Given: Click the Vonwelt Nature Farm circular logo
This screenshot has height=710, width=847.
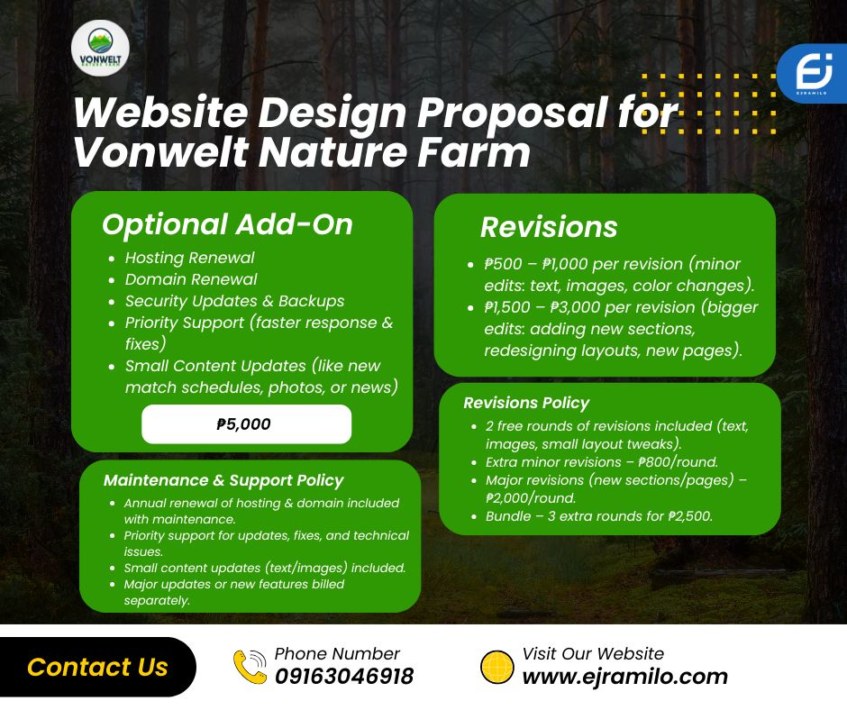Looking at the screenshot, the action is coord(100,49).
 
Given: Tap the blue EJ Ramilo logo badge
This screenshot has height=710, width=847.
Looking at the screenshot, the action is coord(812,74).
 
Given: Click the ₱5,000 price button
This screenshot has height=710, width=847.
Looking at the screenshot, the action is coord(246,424).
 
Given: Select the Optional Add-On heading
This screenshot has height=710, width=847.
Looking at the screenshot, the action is coord(227,224).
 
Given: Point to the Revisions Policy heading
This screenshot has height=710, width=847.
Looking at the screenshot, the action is coord(526,403).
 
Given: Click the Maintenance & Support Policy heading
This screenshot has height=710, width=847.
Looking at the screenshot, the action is coord(223,480).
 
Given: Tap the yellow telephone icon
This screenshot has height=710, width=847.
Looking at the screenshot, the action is coord(250,667).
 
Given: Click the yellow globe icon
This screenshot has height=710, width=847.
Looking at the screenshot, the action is coord(497,668).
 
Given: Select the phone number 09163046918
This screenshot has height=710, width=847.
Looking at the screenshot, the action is coord(344,677).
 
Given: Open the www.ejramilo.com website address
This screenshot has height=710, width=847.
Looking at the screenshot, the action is coord(625,677).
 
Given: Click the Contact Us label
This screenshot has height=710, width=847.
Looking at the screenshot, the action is coord(97,668).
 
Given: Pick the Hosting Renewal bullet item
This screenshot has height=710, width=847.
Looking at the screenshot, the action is coord(189,258).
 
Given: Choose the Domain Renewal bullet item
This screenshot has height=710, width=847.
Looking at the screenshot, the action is coord(191,279).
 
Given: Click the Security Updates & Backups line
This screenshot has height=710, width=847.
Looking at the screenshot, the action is coord(234,301).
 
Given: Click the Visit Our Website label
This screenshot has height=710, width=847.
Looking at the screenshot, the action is coord(593,654).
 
